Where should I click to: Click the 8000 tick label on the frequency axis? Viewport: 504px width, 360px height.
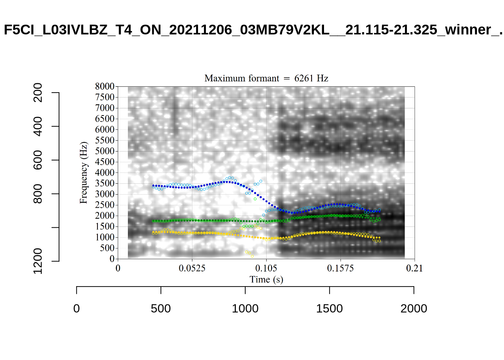[x=105, y=87]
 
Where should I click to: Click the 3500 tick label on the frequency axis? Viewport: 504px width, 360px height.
[x=105, y=183]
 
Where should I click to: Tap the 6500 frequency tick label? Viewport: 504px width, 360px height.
[x=105, y=119]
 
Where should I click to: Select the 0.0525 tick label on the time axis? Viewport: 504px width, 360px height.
[x=192, y=268]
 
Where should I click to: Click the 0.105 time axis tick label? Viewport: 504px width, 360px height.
[x=266, y=268]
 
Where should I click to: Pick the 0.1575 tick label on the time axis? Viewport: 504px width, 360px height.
[x=340, y=268]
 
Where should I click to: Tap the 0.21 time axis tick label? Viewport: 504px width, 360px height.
[x=414, y=268]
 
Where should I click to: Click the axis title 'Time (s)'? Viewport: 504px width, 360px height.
[x=266, y=280]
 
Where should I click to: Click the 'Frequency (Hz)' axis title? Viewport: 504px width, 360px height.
[x=84, y=173]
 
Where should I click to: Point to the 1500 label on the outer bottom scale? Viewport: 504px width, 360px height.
[x=329, y=309]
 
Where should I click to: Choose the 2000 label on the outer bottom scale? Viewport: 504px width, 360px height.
[x=414, y=309]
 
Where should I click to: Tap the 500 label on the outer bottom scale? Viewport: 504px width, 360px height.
[x=161, y=309]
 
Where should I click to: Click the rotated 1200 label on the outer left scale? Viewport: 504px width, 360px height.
[x=38, y=261]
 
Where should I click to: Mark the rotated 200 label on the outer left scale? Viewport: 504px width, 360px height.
[x=38, y=93]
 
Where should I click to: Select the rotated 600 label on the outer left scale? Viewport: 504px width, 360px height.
[x=38, y=160]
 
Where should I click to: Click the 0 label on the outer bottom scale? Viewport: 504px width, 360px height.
[x=76, y=309]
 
